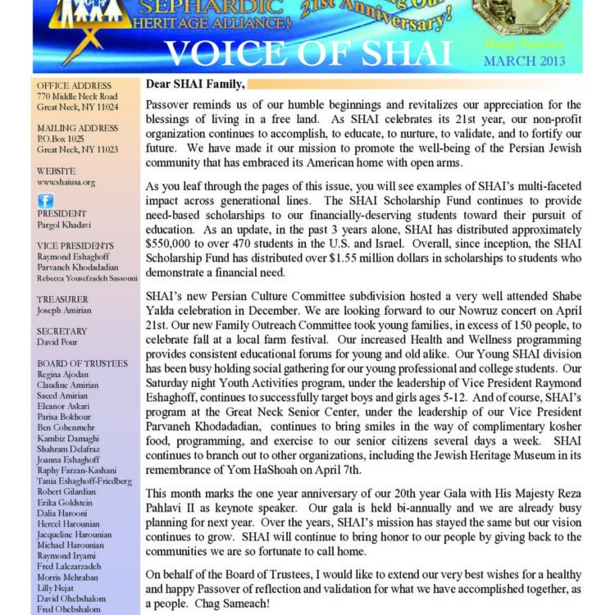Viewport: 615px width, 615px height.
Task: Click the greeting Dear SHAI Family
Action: click(x=194, y=84)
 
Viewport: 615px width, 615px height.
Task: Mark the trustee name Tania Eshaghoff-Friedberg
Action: click(x=84, y=481)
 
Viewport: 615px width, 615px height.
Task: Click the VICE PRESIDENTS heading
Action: click(x=75, y=244)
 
